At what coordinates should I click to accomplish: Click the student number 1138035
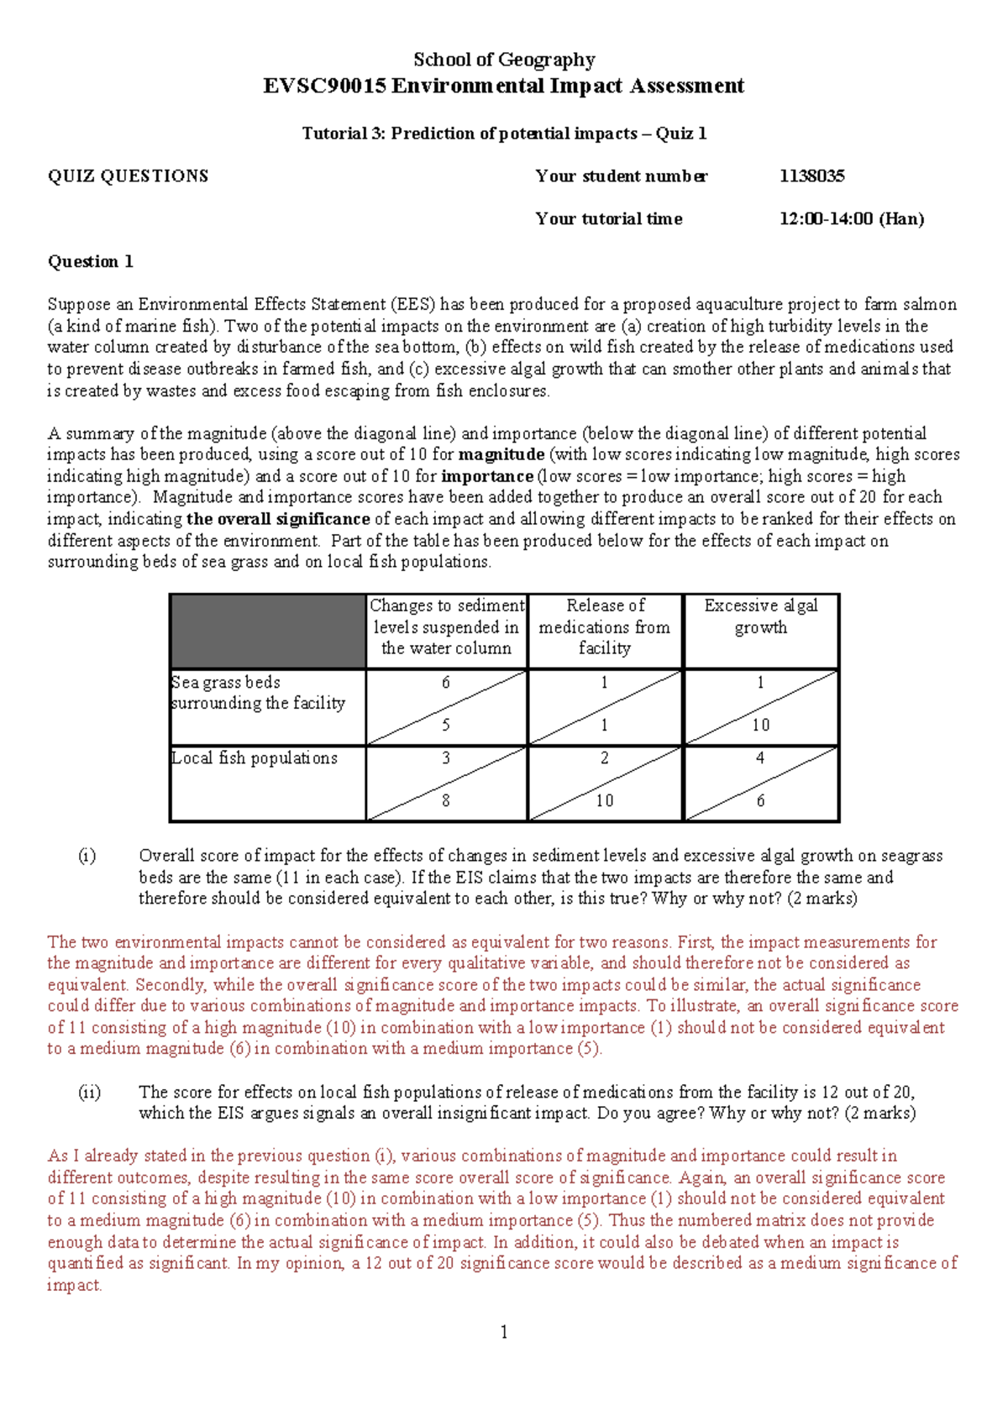coord(811,176)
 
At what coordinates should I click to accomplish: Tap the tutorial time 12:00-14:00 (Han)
coord(851,219)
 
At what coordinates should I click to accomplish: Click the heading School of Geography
coord(504,60)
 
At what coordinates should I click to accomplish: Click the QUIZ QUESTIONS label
coord(128,176)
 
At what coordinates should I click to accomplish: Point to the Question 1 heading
coord(90,261)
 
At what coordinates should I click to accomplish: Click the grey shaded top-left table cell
coord(267,632)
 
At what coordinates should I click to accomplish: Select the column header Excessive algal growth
coord(760,616)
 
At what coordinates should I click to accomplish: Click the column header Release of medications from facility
coord(604,626)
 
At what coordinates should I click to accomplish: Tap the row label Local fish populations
coord(254,758)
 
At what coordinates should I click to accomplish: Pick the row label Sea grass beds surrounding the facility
coord(257,693)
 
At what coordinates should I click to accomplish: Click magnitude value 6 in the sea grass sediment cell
coord(446,683)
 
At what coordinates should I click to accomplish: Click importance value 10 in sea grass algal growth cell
coord(760,725)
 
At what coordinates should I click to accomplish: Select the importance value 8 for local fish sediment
coord(446,801)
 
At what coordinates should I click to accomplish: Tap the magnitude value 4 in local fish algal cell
coord(760,758)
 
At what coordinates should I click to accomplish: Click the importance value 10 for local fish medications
coord(604,801)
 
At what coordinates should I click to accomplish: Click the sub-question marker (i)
coord(87,856)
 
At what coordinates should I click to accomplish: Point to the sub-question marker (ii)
coord(89,1093)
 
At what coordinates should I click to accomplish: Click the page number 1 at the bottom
coord(503,1332)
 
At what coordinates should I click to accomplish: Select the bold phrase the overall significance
coord(278,519)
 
